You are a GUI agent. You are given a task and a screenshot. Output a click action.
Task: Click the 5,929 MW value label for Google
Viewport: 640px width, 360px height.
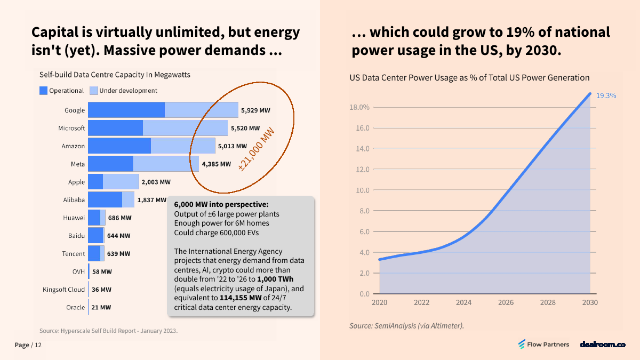(x=255, y=110)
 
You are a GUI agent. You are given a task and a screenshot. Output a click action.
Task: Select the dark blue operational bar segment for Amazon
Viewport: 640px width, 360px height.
(x=119, y=146)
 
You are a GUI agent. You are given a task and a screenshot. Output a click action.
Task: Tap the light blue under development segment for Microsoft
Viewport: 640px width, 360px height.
(x=185, y=128)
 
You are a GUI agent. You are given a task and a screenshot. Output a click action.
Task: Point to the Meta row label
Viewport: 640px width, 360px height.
(x=77, y=164)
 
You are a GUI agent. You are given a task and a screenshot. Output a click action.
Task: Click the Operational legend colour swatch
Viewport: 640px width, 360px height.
(x=43, y=91)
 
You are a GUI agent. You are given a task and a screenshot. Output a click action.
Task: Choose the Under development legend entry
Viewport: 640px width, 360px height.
(x=124, y=91)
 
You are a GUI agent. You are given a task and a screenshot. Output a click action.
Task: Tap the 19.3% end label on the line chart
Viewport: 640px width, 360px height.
(x=606, y=96)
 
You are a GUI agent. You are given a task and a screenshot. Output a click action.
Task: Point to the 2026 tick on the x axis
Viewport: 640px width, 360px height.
(x=506, y=302)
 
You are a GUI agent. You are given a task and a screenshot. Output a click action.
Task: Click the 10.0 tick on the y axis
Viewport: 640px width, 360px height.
(x=362, y=190)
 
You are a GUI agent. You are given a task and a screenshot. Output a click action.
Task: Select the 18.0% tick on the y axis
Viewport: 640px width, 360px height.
(x=359, y=107)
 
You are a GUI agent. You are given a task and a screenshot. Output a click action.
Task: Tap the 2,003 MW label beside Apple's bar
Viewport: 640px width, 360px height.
(x=156, y=182)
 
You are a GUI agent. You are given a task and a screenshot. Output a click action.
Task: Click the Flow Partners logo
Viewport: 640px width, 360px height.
(x=543, y=345)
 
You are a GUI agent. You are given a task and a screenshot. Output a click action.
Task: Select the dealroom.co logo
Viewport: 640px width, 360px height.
(x=602, y=345)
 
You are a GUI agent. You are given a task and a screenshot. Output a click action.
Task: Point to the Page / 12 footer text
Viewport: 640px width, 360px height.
(x=28, y=345)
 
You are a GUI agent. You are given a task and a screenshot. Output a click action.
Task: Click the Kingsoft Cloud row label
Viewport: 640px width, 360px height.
(x=64, y=290)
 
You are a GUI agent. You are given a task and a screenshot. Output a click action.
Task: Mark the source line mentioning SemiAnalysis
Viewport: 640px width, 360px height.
(x=406, y=325)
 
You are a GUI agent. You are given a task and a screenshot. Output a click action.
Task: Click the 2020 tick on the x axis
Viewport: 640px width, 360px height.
(x=379, y=302)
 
